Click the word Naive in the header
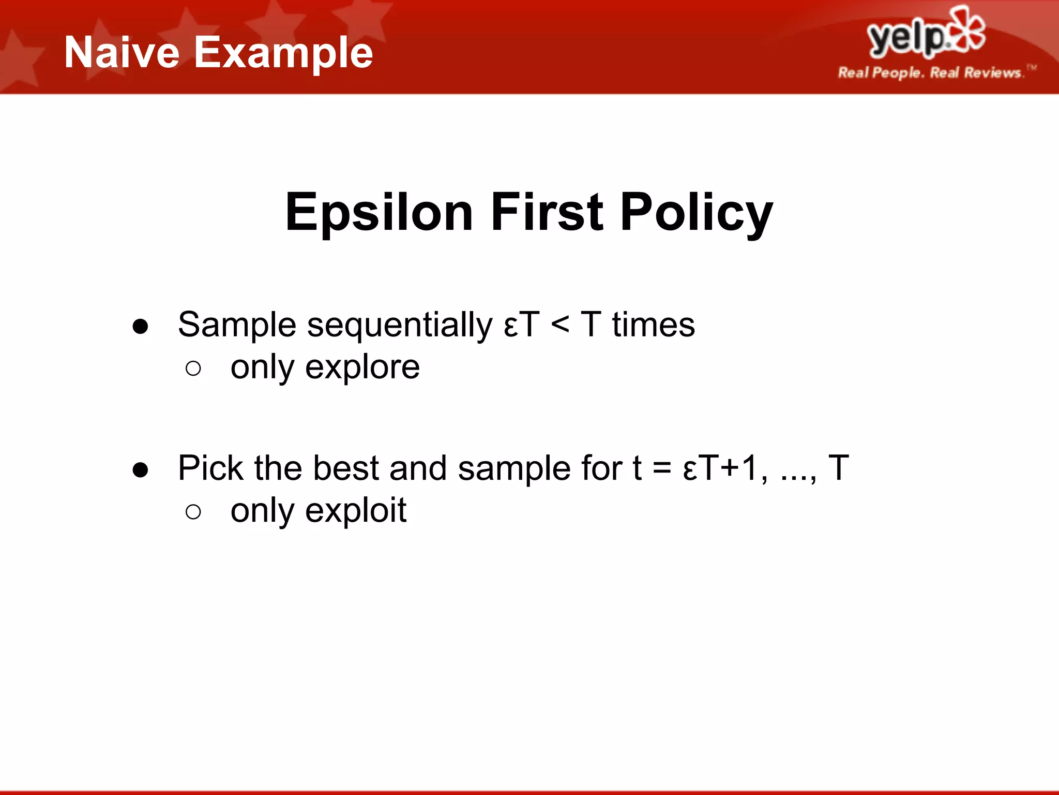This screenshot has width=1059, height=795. tap(122, 53)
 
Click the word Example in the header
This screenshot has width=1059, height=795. tap(283, 53)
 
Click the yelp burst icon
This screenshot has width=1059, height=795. tap(966, 30)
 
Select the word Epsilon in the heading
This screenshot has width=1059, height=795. tap(379, 212)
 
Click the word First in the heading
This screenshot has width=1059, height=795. tap(547, 212)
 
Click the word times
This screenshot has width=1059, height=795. tap(653, 326)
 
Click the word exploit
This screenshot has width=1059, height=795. tap(356, 511)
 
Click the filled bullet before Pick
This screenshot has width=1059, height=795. tap(140, 470)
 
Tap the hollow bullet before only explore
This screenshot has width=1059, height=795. tap(193, 369)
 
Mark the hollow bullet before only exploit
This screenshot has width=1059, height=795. tap(193, 512)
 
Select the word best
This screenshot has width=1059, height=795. tap(345, 468)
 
